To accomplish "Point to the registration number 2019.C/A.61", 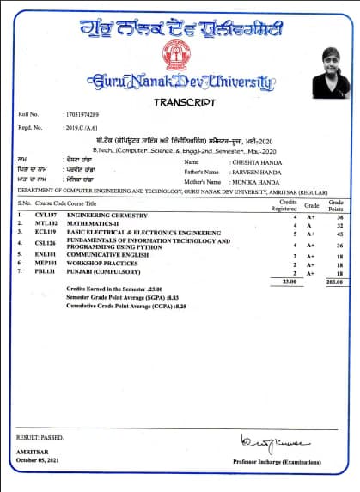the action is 83,127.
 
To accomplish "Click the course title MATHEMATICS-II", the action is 98,223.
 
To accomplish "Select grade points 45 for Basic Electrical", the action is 339,233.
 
